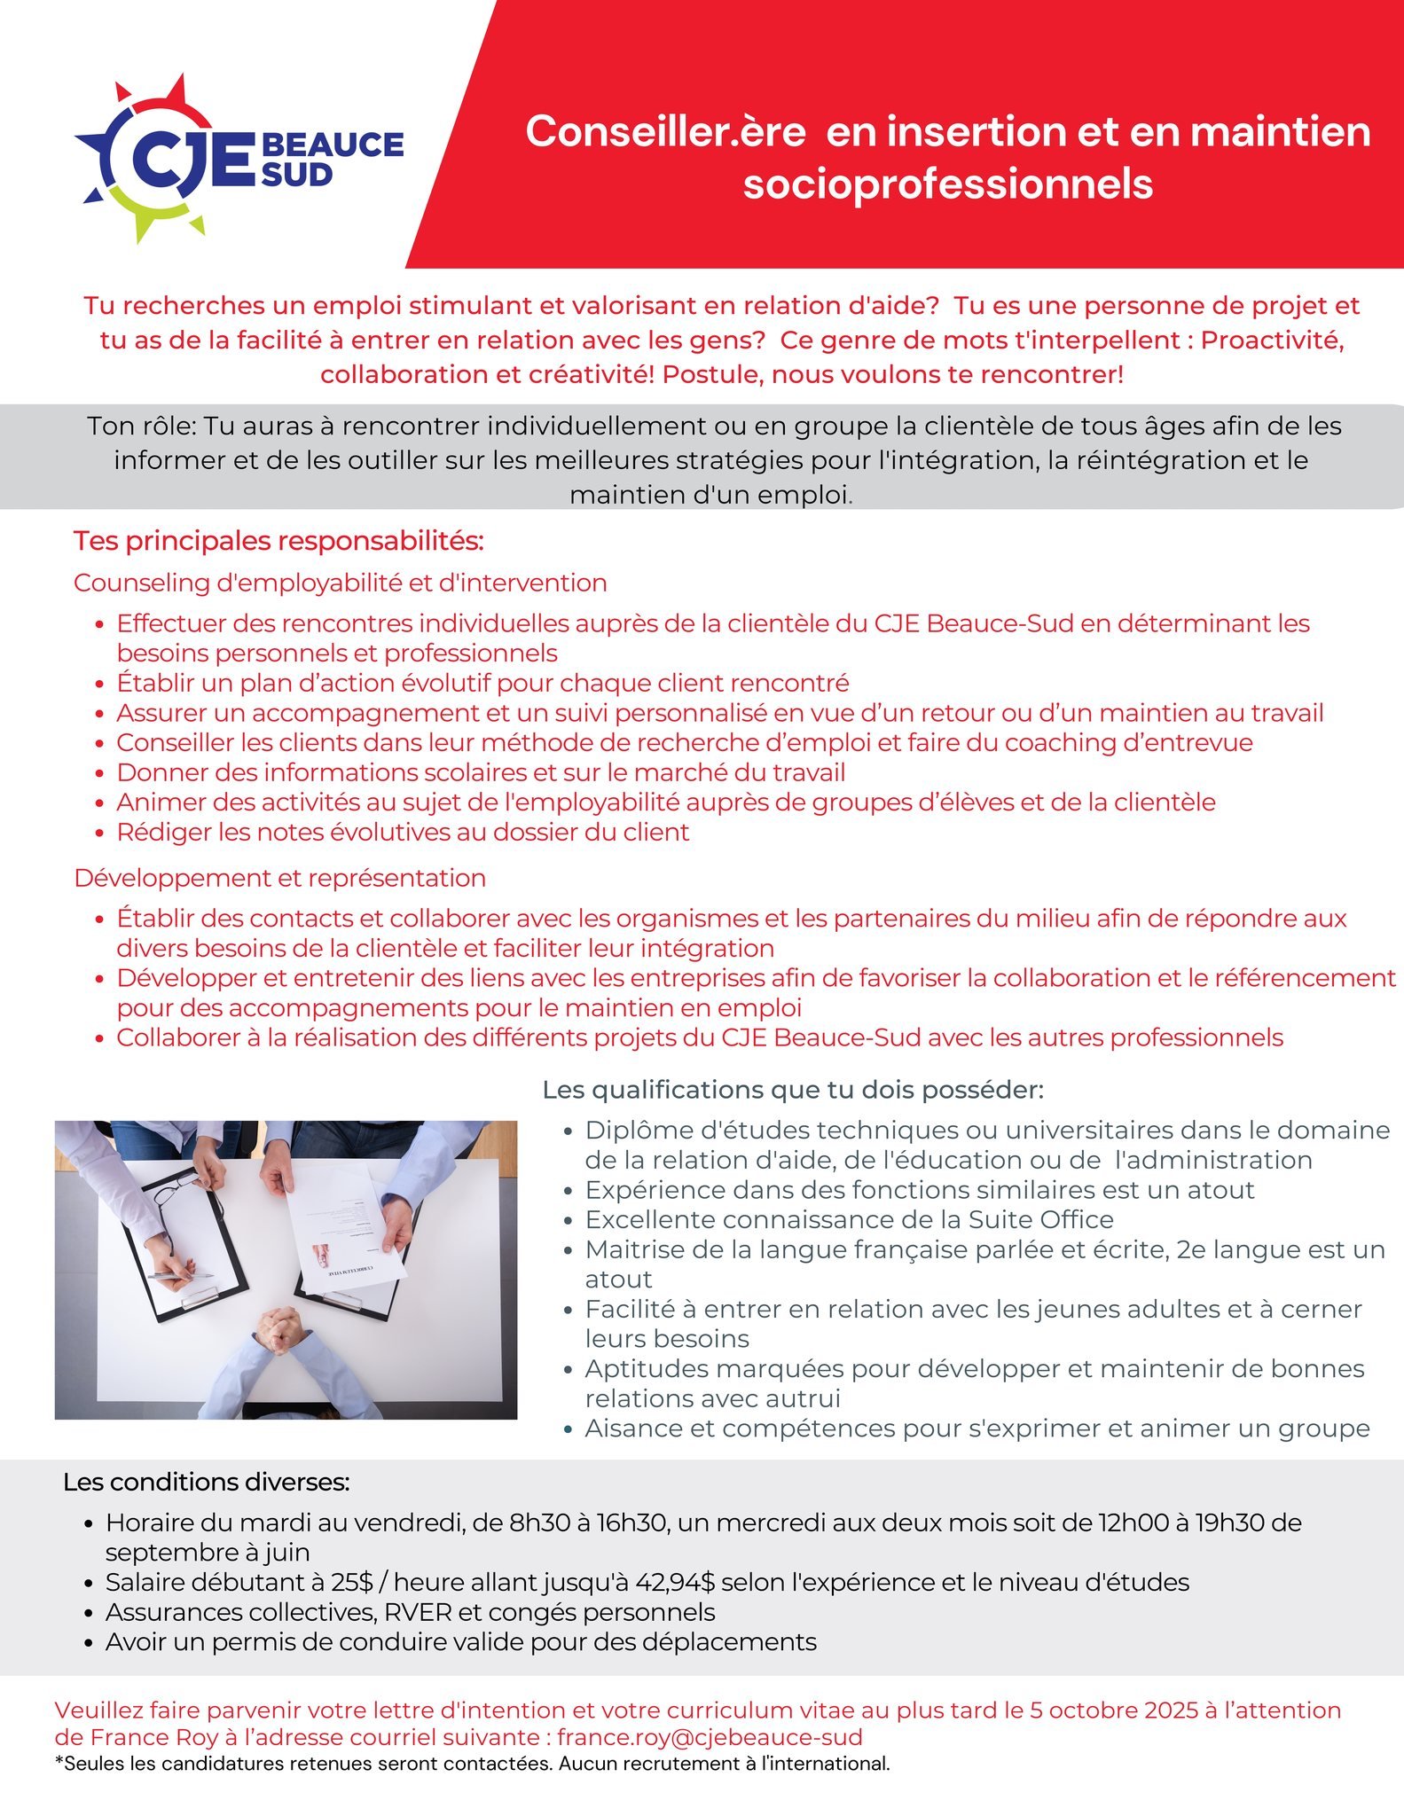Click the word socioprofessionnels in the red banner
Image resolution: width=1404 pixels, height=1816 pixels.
tap(947, 184)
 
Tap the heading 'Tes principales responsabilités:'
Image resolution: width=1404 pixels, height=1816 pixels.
tap(278, 541)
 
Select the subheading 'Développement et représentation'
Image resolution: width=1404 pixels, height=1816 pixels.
tap(279, 878)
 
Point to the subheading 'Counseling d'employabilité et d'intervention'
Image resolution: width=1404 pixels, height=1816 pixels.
tap(340, 583)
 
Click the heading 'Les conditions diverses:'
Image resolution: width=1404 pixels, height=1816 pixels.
tap(206, 1482)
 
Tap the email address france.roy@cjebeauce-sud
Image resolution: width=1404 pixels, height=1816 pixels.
tap(710, 1737)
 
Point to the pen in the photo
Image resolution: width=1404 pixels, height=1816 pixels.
tap(182, 1275)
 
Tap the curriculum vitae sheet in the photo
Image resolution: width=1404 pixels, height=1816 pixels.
tap(346, 1233)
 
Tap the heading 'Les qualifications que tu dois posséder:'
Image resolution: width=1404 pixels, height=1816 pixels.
tap(793, 1089)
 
